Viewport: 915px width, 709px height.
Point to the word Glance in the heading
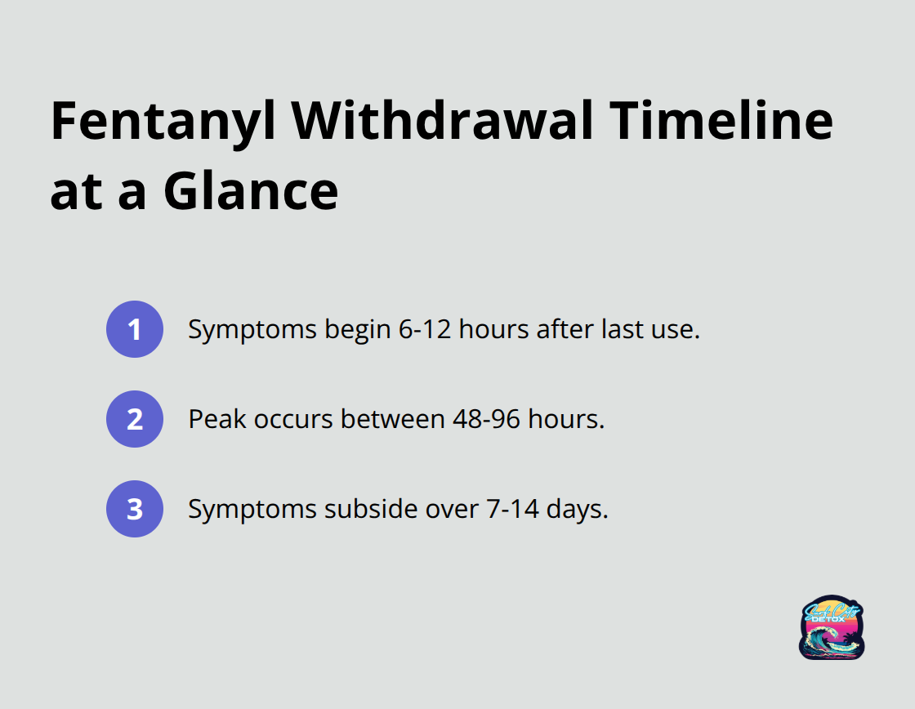tap(251, 193)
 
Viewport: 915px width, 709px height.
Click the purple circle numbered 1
tap(135, 329)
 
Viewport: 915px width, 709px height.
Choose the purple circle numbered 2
tap(135, 419)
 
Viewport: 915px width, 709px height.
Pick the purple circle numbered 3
tap(135, 509)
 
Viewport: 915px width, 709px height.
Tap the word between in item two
tap(393, 419)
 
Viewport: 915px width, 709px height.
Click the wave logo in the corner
tap(832, 627)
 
